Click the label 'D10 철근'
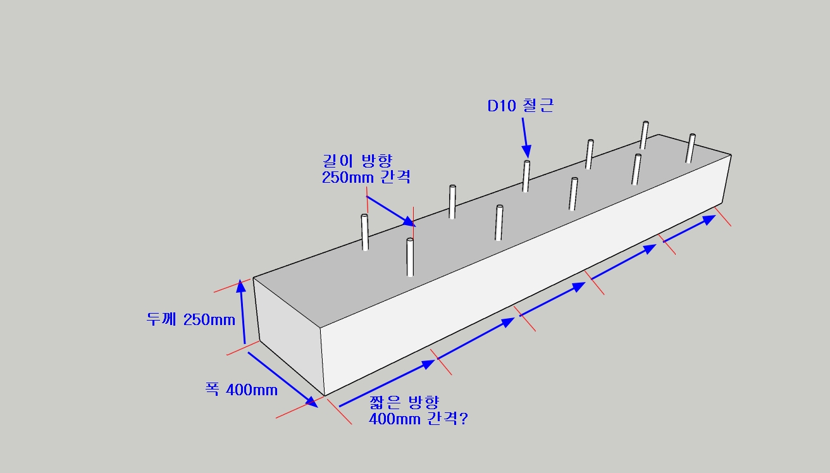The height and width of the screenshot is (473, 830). [520, 106]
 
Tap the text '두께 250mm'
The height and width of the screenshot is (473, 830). [191, 319]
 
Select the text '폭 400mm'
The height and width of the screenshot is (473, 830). [241, 390]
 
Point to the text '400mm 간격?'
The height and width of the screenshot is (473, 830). [418, 419]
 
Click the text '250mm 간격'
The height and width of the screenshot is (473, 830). [366, 177]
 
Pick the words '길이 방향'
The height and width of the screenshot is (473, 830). [357, 161]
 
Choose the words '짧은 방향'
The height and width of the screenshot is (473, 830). [404, 402]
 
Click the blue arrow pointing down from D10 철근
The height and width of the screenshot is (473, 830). [525, 138]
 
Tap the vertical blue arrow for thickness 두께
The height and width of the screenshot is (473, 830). [243, 312]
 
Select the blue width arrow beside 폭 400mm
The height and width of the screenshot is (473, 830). [283, 379]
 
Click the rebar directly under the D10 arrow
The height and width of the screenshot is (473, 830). [526, 176]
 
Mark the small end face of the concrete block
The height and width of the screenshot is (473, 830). [290, 335]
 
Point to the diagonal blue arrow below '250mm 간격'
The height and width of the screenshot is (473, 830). [390, 211]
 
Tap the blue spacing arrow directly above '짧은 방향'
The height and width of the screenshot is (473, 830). [387, 383]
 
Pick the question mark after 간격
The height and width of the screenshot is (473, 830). [464, 419]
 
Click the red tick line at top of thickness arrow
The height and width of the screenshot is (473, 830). [228, 288]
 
